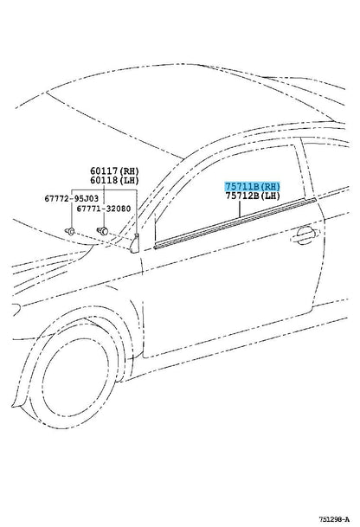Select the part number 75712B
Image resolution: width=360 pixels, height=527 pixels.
[242, 196]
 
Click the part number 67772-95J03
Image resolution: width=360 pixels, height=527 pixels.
[72, 199]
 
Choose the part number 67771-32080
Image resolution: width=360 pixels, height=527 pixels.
[104, 209]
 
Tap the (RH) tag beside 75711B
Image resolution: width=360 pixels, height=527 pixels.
[271, 187]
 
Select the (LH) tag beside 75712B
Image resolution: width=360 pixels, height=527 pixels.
[270, 196]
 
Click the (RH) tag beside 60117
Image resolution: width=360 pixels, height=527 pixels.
[129, 171]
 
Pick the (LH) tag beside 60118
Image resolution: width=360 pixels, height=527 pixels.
[129, 181]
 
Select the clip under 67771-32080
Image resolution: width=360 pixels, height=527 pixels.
[102, 231]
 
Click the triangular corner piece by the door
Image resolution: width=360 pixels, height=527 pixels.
[135, 242]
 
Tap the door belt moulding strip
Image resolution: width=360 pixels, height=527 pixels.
[235, 223]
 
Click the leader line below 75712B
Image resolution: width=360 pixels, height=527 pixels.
[240, 209]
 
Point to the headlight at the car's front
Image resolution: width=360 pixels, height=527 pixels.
[16, 309]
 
